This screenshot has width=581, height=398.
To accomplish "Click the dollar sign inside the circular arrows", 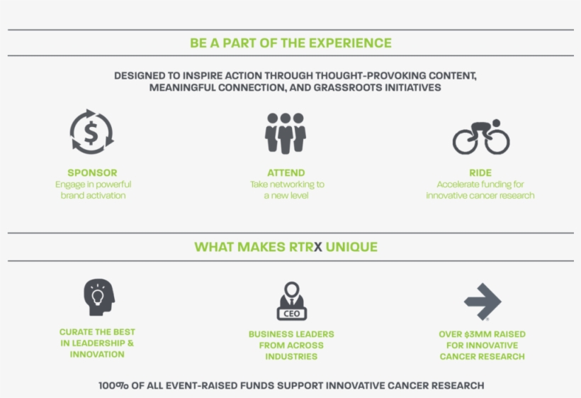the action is pos(91,133).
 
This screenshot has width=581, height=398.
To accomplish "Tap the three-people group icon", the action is pos(286,133).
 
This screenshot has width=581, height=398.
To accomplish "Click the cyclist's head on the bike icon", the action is pos(496,123).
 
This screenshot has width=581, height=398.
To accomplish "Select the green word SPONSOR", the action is pos(92,173).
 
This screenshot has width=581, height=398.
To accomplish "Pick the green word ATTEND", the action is pos(286,173).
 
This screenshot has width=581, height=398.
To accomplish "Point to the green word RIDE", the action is pos(480,173).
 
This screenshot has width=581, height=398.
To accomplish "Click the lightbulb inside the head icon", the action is pos(98,297).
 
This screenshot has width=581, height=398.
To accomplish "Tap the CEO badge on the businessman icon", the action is pos(292,314).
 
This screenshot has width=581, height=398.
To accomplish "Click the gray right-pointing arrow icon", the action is pos(483,302).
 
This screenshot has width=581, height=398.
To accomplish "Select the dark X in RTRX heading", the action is pos(318,247).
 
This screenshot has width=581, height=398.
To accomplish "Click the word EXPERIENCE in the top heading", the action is pos(350,43).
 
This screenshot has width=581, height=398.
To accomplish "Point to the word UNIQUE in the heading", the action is pos(351,247).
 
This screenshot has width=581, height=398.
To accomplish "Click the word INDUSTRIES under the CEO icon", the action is pos(291,356).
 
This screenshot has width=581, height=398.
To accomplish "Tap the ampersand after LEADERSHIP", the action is pos(130,343).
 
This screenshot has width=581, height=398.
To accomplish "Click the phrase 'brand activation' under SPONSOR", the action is pos(93,196).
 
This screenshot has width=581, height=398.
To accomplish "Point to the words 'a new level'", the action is pos(286,196).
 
